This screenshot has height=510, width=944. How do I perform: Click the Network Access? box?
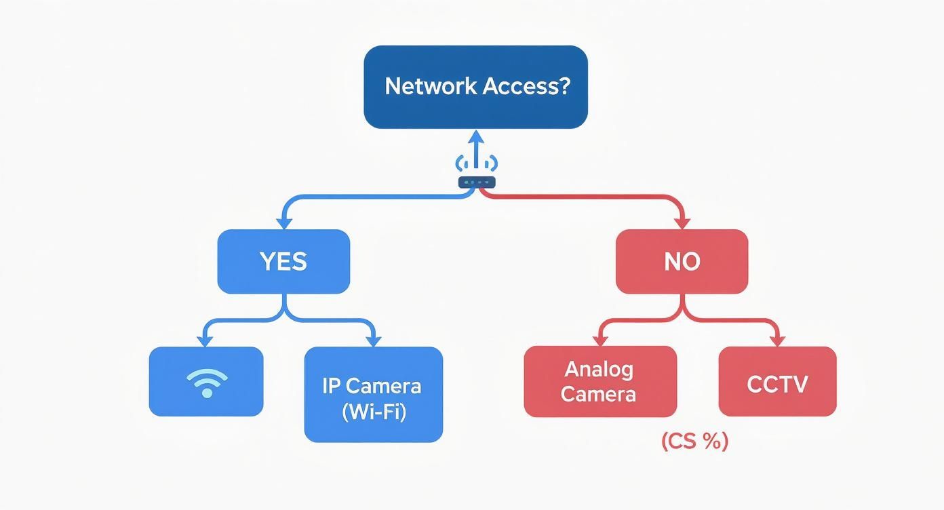[475, 87]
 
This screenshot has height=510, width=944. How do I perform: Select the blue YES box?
[283, 262]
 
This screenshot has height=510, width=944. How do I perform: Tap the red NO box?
[682, 262]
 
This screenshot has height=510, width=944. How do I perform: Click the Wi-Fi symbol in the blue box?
[206, 383]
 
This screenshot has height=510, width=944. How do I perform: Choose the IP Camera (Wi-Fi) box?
[373, 395]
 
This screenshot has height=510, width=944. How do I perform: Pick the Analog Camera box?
[600, 382]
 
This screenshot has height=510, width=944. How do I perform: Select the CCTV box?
[777, 382]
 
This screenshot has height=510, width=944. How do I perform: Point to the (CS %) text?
[694, 442]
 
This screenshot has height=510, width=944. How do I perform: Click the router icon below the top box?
[477, 181]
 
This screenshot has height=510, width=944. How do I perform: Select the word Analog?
[599, 370]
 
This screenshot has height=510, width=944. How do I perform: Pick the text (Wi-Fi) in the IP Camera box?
[373, 412]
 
